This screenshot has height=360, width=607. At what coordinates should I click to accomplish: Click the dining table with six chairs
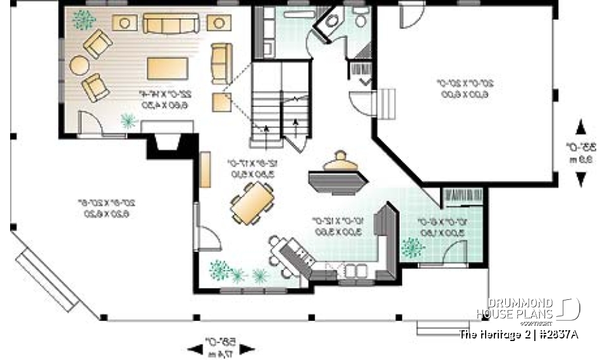pyautogui.click(x=252, y=203)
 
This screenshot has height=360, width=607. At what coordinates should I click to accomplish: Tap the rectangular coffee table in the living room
pyautogui.click(x=167, y=68)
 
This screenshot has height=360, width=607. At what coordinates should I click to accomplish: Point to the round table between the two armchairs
pyautogui.click(x=80, y=65)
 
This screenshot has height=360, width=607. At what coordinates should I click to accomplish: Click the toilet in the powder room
pyautogui.click(x=361, y=19)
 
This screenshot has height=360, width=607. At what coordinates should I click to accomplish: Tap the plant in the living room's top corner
pyautogui.click(x=83, y=20)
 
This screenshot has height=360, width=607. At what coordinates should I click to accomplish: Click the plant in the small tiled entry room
pyautogui.click(x=412, y=247)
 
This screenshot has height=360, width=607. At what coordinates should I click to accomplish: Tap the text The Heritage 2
pyautogui.click(x=494, y=334)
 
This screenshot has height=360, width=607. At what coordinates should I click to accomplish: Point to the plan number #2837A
pyautogui.click(x=557, y=334)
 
